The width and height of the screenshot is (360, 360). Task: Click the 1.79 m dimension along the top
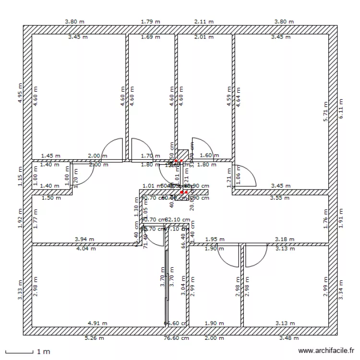pos(151,22)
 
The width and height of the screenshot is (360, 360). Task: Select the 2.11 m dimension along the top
pos(204,22)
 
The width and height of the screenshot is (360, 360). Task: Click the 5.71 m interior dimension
pos(325,111)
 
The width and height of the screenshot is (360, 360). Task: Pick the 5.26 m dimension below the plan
pos(94,338)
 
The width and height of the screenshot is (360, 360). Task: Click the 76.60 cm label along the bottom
pos(177,338)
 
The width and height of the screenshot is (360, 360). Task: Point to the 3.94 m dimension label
pos(84,239)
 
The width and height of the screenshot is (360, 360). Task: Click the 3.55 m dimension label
pos(280,197)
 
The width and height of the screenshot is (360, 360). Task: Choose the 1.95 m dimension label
pos(215,239)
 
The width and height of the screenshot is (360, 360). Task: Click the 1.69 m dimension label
pos(151,36)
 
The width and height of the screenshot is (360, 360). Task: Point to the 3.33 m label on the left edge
pos(20,291)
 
